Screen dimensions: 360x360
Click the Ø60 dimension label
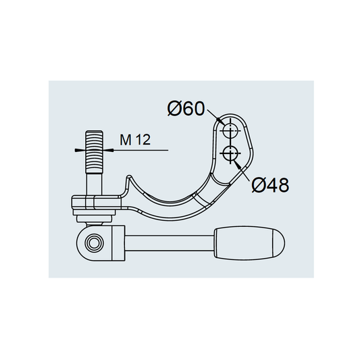(x=186, y=109)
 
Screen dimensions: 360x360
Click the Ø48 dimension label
(x=270, y=185)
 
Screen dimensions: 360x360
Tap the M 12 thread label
(x=135, y=140)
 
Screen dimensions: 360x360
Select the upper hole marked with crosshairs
(x=230, y=131)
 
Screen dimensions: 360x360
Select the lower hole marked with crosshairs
(x=230, y=153)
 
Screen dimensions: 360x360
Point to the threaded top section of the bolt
(x=94, y=152)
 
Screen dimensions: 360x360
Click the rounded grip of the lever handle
(x=249, y=243)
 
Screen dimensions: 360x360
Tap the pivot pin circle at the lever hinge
(x=94, y=243)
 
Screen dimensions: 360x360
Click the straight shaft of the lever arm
(x=170, y=243)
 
